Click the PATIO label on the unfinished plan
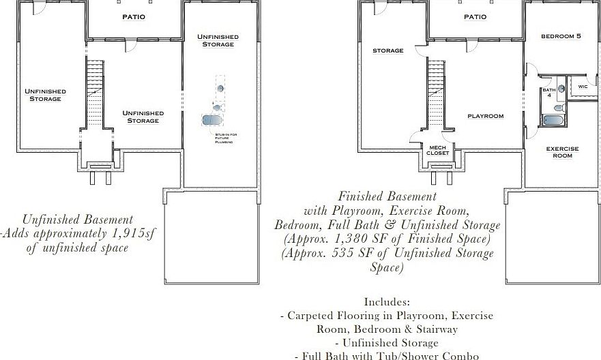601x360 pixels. (x=134, y=16)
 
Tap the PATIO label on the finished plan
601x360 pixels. (x=475, y=16)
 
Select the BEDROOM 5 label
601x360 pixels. (x=561, y=36)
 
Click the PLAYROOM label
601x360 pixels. (x=485, y=116)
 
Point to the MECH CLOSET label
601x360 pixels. (x=437, y=150)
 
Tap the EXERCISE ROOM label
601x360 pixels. (x=562, y=152)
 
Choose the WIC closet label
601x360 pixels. (x=583, y=87)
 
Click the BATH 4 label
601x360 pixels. (x=548, y=93)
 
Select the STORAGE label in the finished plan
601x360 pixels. (x=387, y=50)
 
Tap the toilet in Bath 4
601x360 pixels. (x=558, y=107)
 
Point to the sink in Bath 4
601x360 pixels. (x=560, y=88)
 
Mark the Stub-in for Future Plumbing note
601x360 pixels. (x=224, y=138)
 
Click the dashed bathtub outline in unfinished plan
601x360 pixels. (x=212, y=120)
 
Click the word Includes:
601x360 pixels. (x=387, y=301)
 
